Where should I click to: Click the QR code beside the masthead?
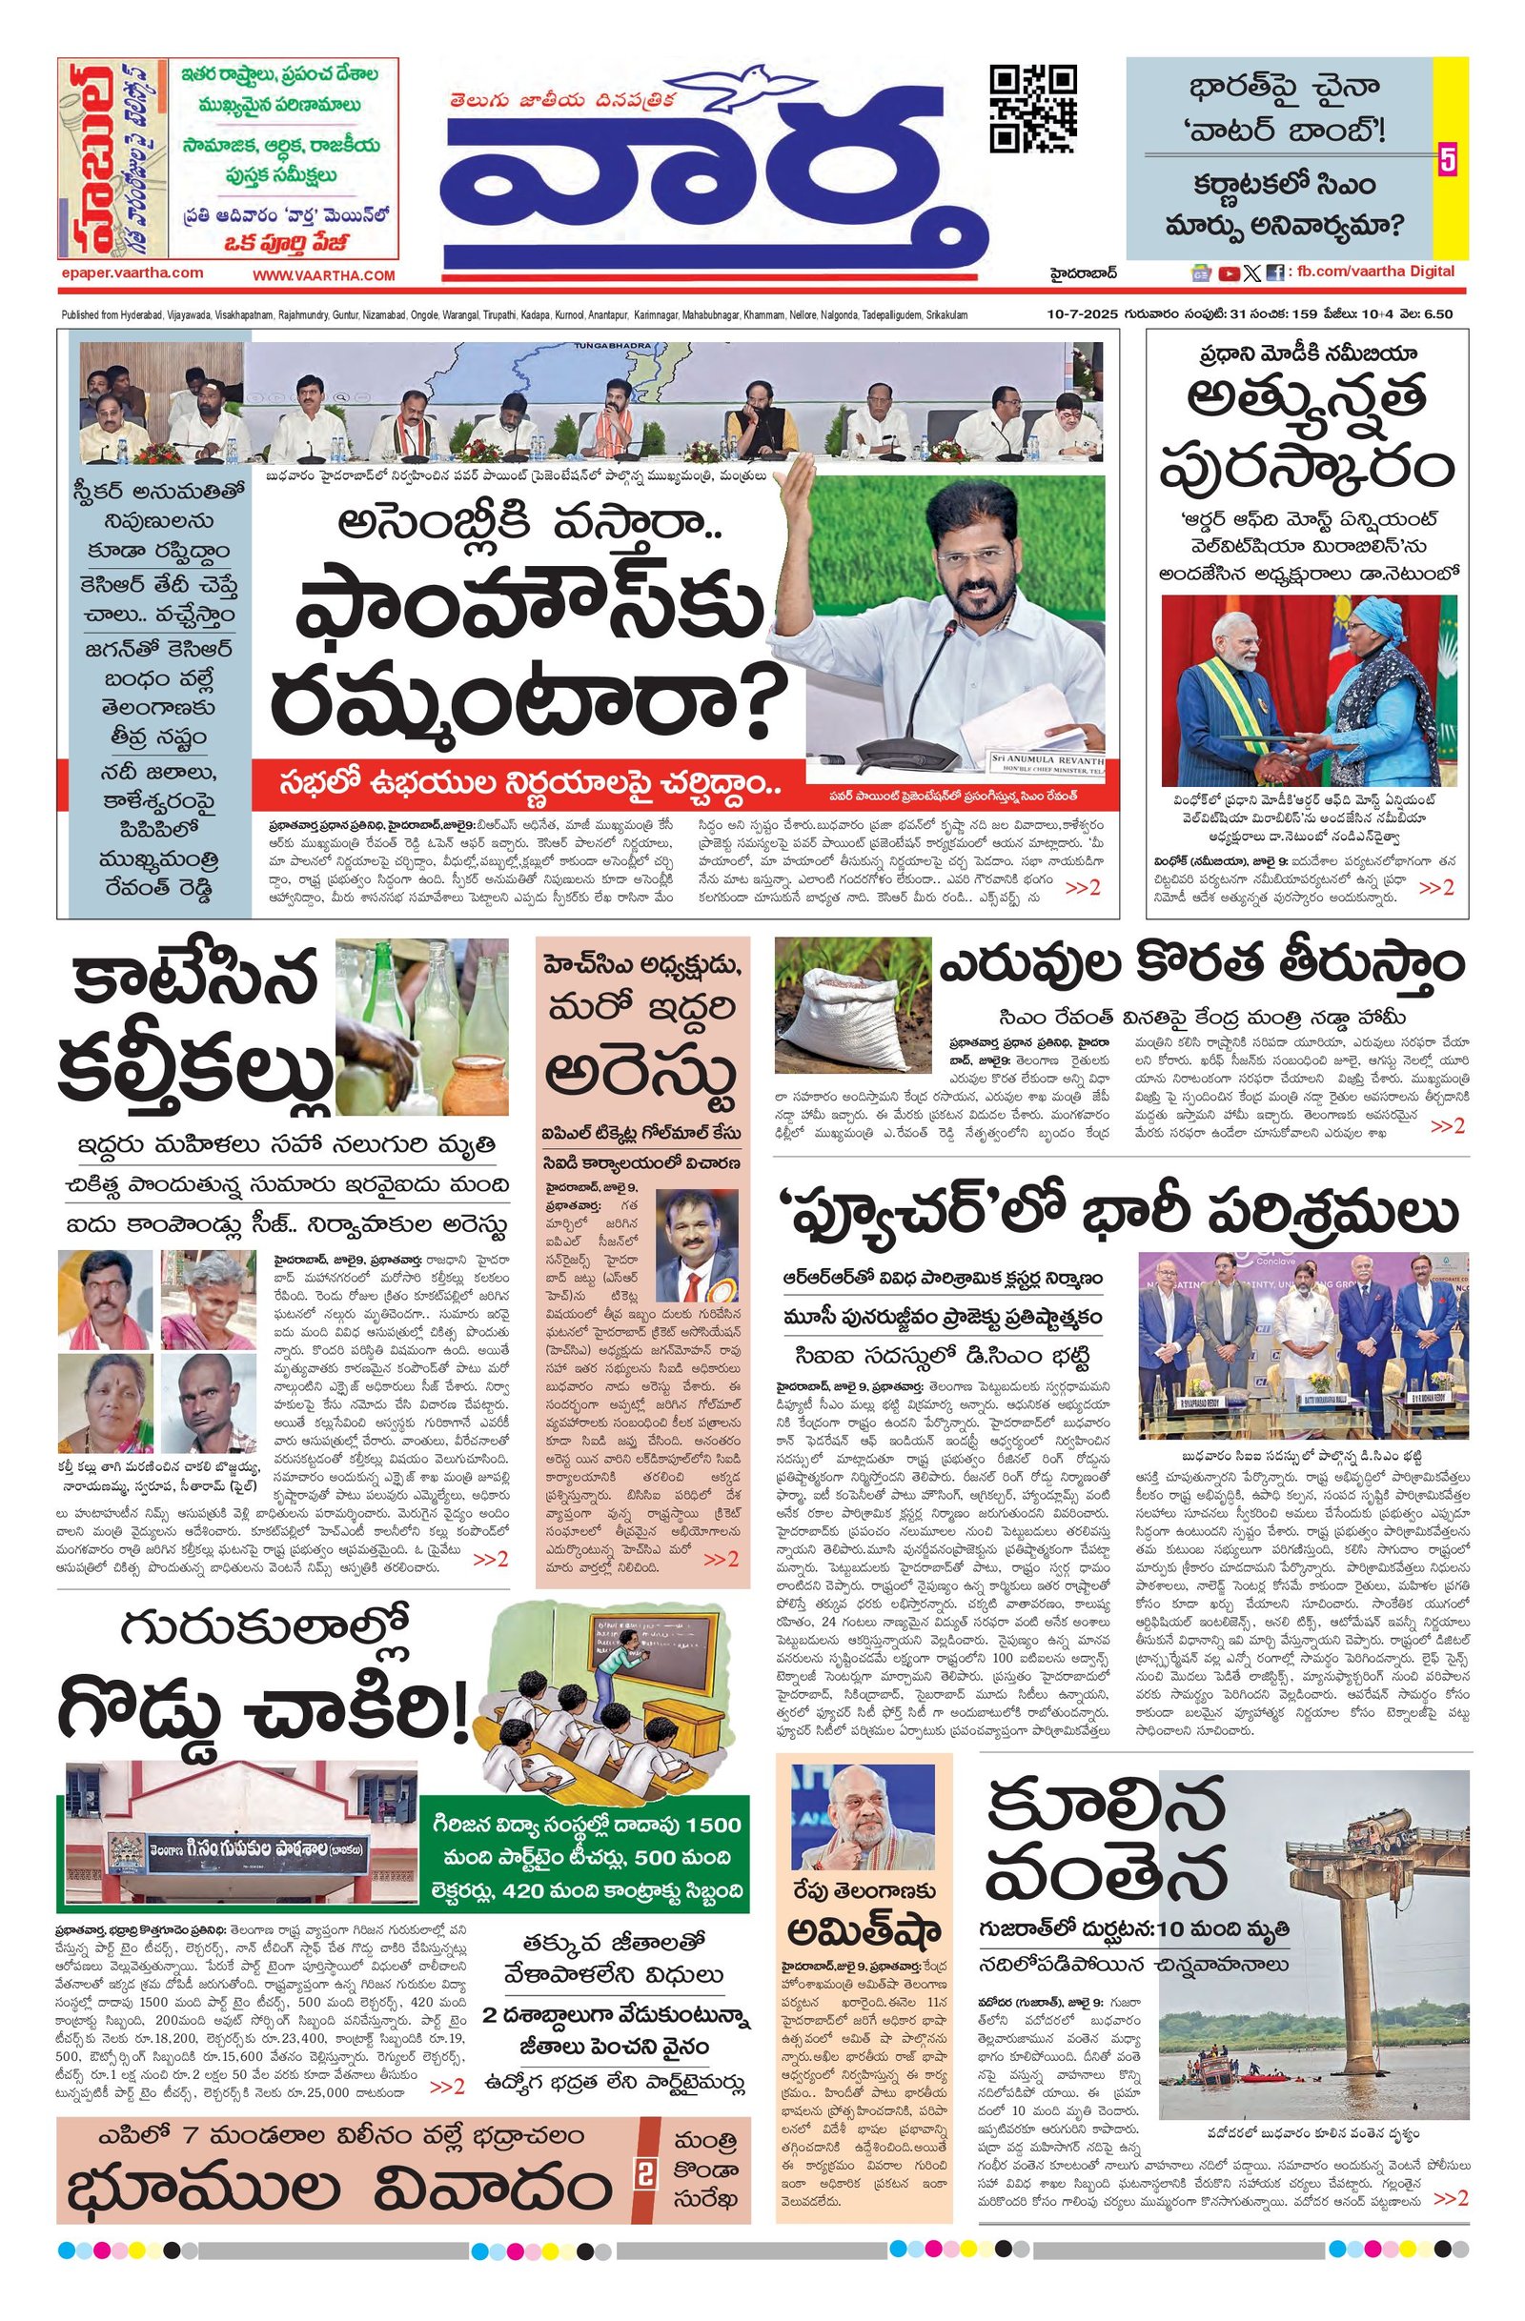pos(1033,109)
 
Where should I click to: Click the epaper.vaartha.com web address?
pos(131,273)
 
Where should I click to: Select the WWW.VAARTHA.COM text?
pos(324,276)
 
